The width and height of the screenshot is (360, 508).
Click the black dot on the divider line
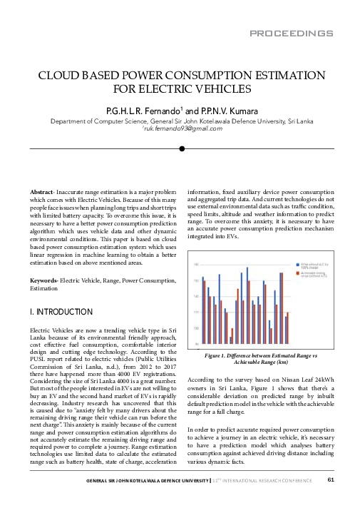(182, 149)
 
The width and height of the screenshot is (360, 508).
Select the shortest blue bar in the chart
(230, 339)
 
